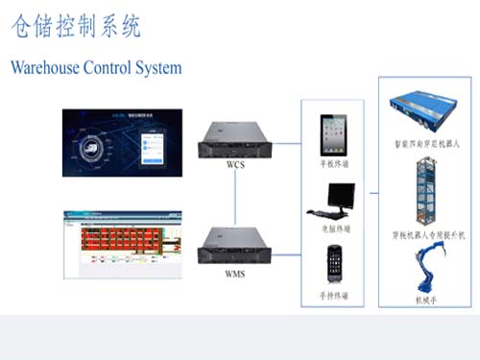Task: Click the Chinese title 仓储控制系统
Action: coord(77,27)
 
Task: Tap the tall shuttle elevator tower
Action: coord(423,193)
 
